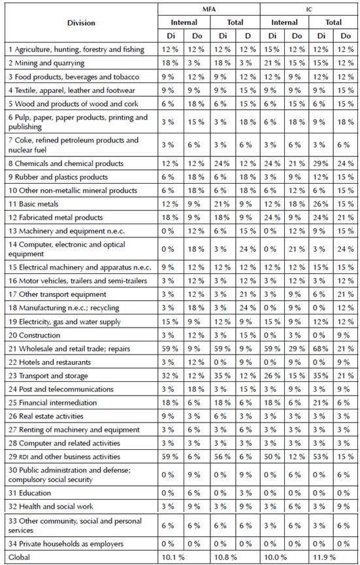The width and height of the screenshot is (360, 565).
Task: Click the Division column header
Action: click(81, 23)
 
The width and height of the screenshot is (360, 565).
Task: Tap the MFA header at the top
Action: click(210, 8)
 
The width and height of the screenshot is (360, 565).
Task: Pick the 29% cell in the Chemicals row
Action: click(320, 163)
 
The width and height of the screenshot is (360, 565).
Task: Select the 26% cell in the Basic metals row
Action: click(320, 204)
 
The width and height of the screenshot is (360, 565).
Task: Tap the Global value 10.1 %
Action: click(175, 557)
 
